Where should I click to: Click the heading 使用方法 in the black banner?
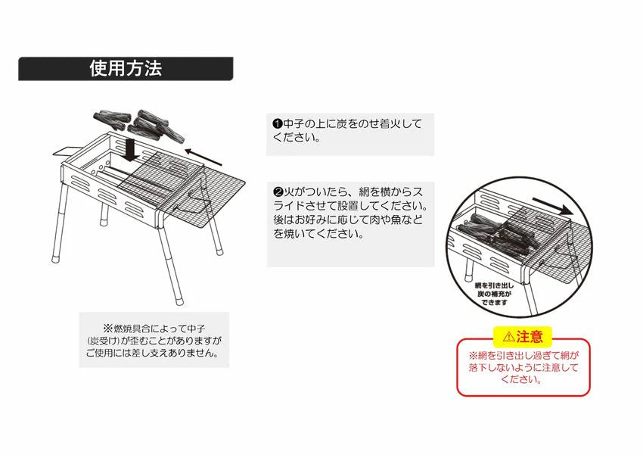(126, 69)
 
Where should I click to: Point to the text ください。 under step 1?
(297, 138)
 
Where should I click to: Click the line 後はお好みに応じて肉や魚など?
(349, 220)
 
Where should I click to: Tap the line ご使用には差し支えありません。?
(153, 354)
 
